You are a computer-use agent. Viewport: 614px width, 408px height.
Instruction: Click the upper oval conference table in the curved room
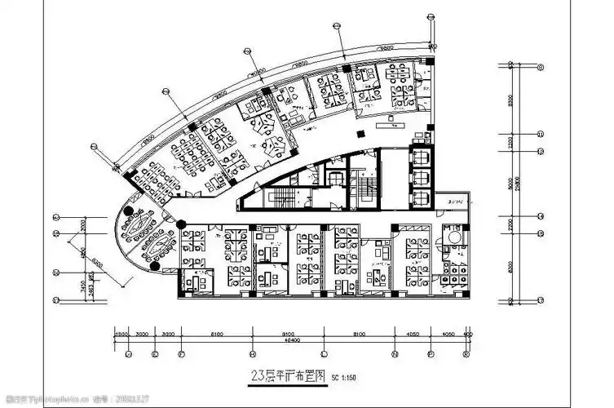139,220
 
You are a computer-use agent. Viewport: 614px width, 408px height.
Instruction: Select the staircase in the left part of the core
283,196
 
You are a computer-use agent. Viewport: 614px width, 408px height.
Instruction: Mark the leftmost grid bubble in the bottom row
129,355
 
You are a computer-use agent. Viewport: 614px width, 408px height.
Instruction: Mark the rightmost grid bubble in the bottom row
466,355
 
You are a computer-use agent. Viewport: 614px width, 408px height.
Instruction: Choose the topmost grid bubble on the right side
541,67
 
